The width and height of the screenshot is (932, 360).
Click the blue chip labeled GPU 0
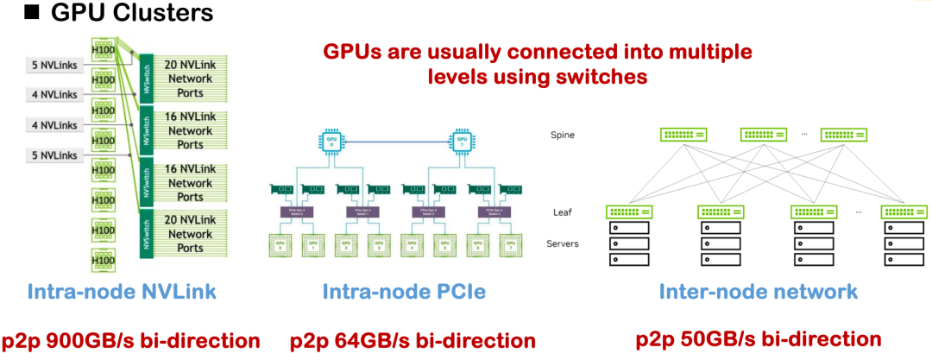(331, 140)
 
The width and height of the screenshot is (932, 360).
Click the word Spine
(564, 136)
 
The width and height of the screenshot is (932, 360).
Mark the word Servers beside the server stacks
(563, 243)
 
